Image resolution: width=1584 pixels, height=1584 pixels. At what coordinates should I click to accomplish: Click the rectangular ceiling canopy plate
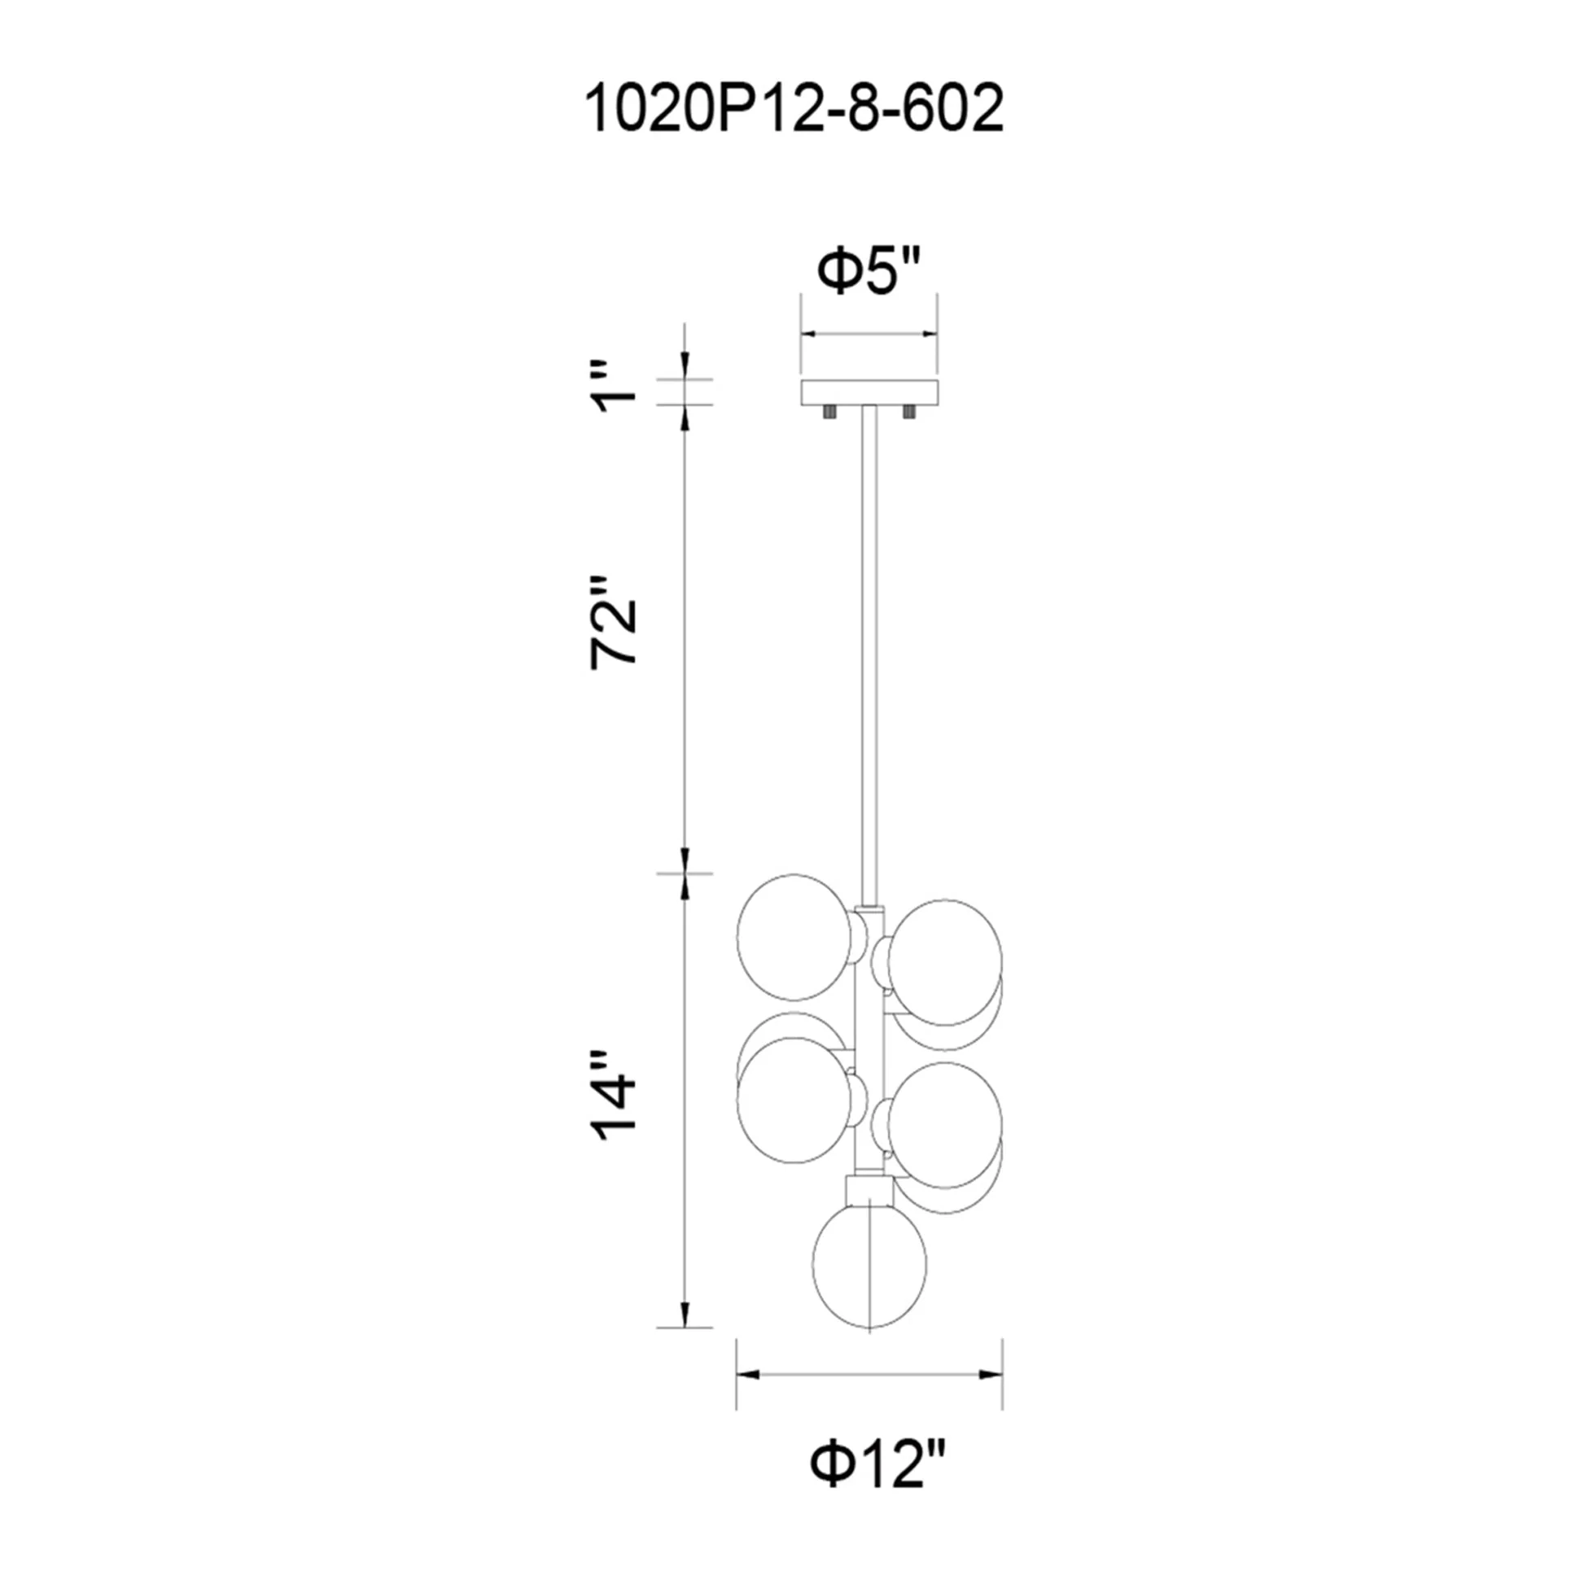click(x=869, y=392)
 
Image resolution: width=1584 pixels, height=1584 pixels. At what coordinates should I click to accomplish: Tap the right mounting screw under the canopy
click(x=908, y=412)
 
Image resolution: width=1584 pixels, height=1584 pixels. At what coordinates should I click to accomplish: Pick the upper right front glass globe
click(x=947, y=952)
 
